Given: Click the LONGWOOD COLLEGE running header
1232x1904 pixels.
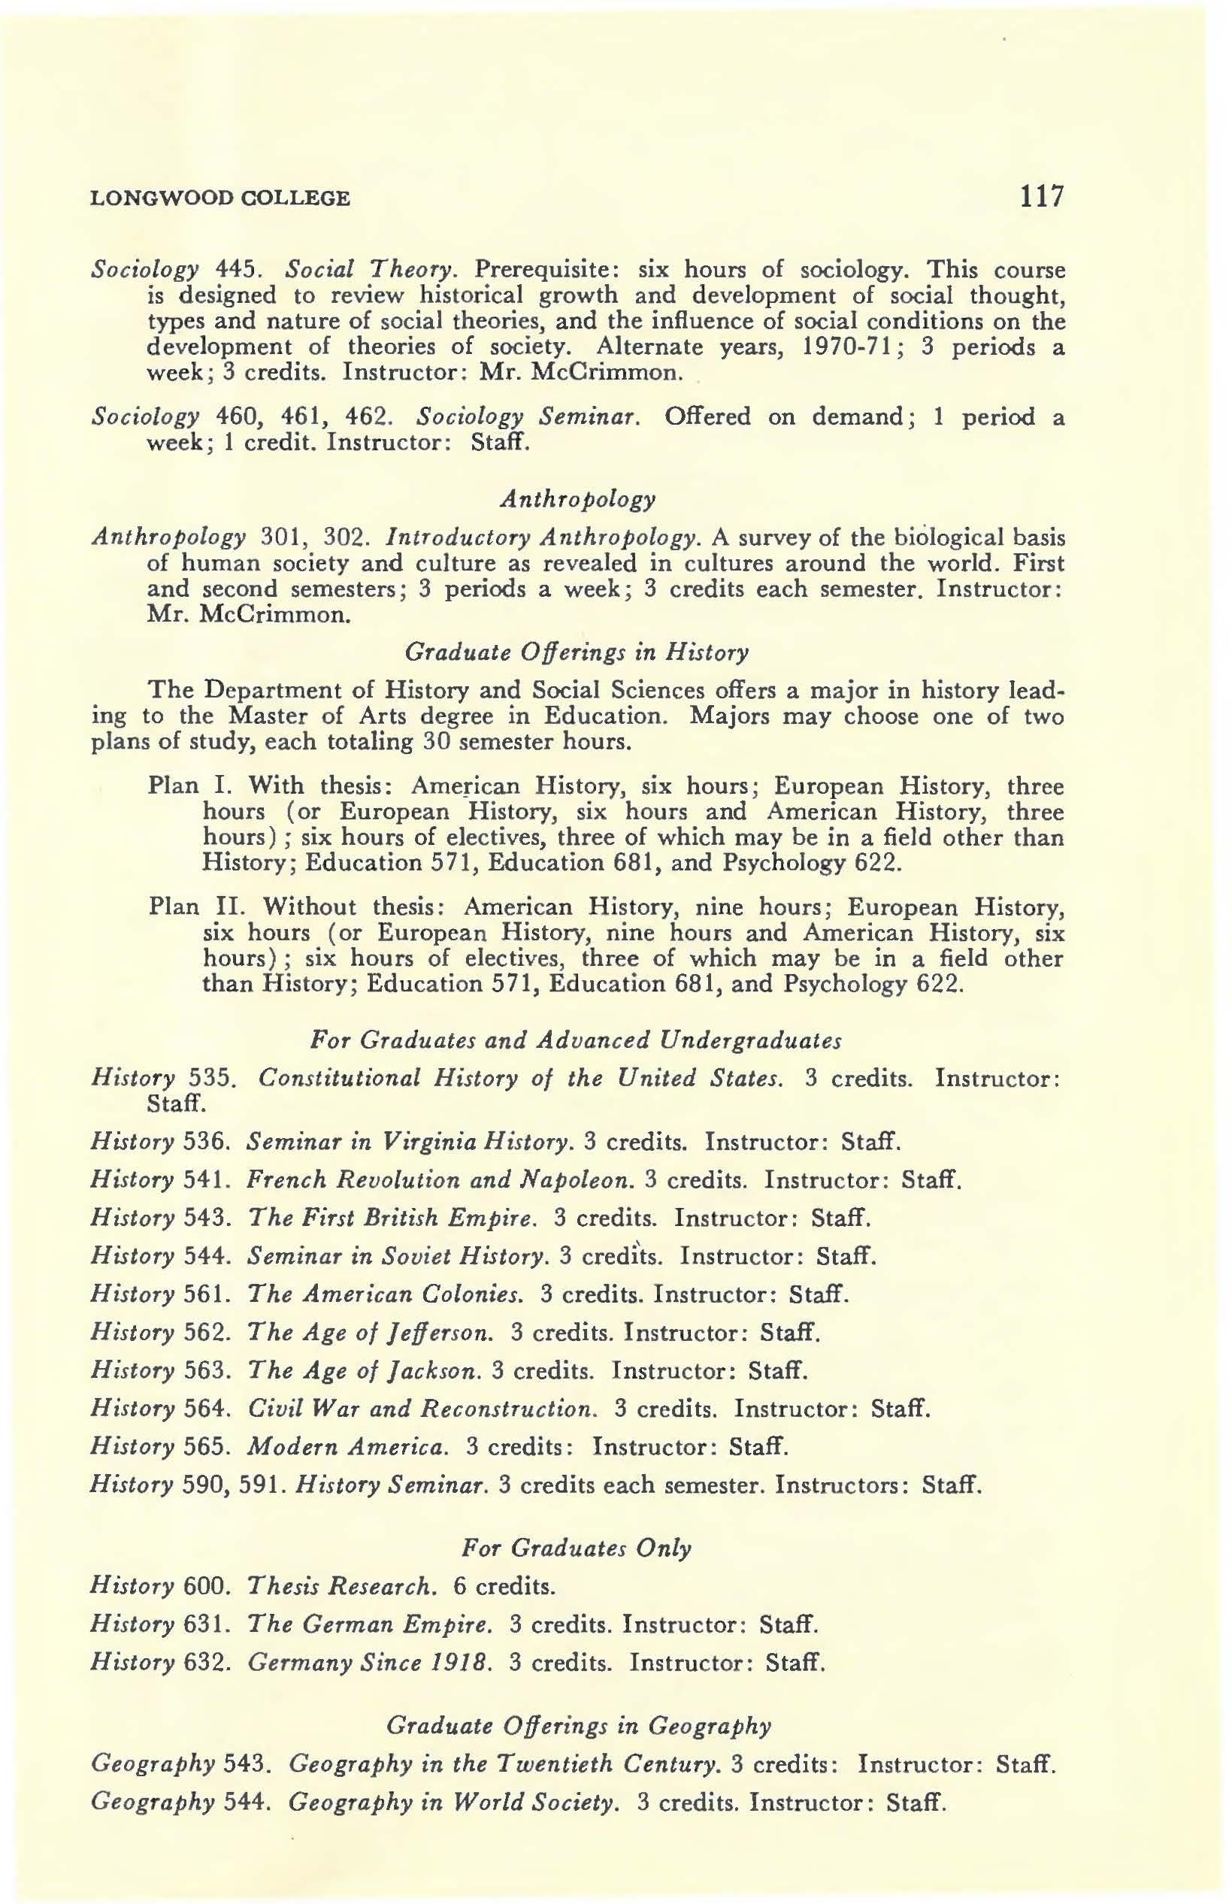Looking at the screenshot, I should pos(220,198).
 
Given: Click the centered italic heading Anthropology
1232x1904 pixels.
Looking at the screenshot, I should pos(577,499).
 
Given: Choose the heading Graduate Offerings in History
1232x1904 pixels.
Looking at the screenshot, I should pos(577,652).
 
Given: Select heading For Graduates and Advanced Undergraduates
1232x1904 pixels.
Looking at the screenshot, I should pos(576,1040).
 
